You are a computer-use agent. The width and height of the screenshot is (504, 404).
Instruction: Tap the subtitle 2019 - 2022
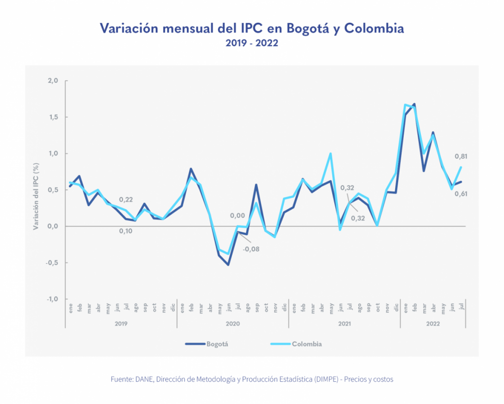(x=252, y=43)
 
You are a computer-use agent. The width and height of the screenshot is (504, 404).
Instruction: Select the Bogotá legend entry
(x=207, y=344)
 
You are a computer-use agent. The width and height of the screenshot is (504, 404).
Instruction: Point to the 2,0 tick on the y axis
(x=52, y=81)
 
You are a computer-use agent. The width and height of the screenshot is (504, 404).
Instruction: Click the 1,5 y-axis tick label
(x=52, y=117)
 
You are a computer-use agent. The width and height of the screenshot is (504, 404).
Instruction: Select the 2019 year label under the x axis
(x=121, y=324)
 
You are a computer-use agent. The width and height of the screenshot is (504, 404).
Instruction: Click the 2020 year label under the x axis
(x=233, y=324)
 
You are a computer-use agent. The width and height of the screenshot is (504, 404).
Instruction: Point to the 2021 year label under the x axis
(x=345, y=324)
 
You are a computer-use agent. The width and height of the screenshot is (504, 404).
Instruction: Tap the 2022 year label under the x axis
(x=433, y=324)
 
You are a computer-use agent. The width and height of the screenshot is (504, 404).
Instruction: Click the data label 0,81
(x=461, y=157)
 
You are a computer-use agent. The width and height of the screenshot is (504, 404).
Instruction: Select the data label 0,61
(x=461, y=193)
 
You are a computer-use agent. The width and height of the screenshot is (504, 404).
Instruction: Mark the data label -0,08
(x=251, y=249)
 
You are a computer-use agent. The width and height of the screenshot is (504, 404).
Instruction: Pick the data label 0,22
(x=126, y=199)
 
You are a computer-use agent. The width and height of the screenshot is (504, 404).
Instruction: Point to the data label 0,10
(x=126, y=231)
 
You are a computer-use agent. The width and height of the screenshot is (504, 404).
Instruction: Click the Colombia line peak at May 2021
(x=330, y=154)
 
